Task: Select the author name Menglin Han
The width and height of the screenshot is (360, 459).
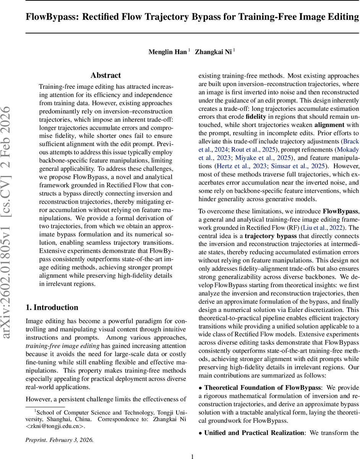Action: [168, 52]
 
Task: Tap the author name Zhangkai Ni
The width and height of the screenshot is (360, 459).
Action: [213, 52]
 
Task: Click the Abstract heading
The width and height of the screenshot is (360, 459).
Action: [105, 75]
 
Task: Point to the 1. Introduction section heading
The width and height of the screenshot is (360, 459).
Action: [52, 308]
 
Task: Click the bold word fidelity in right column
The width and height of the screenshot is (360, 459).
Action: [256, 117]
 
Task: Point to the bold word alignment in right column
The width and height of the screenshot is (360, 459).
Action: [329, 125]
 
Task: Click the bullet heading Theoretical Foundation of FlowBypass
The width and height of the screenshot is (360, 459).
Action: [263, 387]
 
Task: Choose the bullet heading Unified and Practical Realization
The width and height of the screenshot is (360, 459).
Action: [254, 433]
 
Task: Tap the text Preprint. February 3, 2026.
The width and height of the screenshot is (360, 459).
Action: [59, 440]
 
